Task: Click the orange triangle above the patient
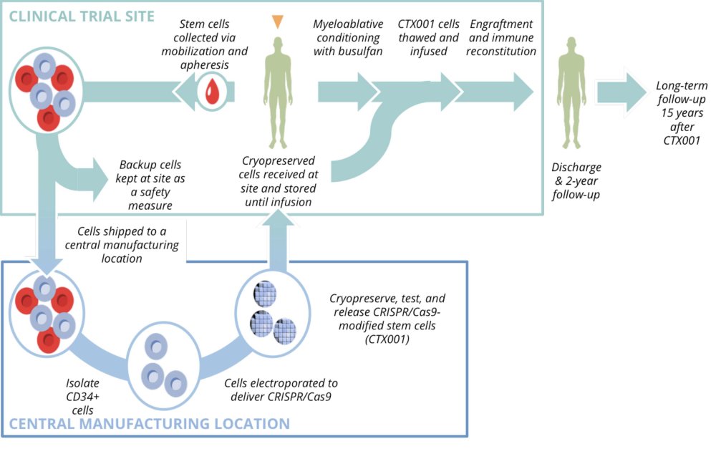[277, 21]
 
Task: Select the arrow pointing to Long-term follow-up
[620, 92]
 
